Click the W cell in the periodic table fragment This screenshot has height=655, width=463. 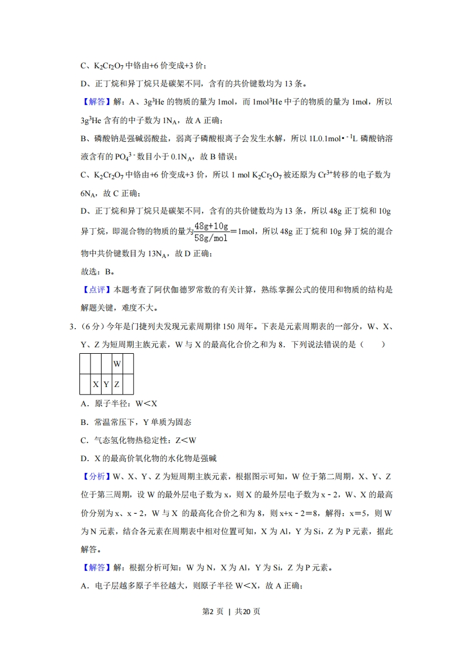pos(117,364)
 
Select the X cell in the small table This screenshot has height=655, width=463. pos(96,384)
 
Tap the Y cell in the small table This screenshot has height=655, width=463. pos(106,384)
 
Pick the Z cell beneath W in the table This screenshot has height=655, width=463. pos(117,384)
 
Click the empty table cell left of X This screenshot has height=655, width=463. pos(85,384)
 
